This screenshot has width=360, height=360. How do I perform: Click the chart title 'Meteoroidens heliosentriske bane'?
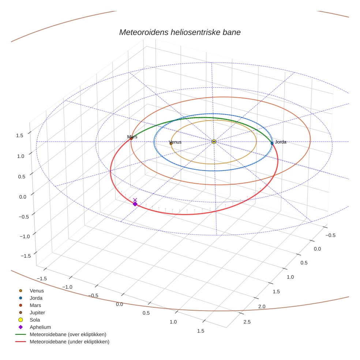pos(180,32)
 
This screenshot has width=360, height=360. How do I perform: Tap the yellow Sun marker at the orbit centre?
pos(214,142)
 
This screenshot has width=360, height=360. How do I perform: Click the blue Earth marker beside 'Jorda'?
pos(272,143)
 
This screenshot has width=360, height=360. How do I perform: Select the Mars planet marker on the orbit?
pos(131,138)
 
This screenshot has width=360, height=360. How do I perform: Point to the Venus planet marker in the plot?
pos(171,143)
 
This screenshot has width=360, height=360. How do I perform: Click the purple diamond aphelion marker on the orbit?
pos(135,204)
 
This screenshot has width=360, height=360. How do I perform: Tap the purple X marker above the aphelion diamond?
pos(135,200)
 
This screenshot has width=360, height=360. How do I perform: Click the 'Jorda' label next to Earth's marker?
pos(281,142)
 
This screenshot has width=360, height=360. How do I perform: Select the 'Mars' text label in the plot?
pos(132,136)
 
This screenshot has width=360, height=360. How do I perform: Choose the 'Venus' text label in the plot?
pos(175,142)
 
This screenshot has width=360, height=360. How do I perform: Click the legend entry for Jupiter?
pos(37,313)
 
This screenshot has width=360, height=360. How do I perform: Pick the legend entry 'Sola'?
pos(35,320)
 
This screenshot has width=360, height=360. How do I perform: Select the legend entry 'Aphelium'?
pos(40,327)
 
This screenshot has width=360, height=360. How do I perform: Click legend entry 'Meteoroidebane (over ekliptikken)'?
pos(68,334)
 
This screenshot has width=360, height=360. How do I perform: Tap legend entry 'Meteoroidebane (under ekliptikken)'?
pos(69,342)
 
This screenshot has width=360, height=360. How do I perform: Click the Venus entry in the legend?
pos(37,291)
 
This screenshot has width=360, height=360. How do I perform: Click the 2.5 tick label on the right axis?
pos(247,322)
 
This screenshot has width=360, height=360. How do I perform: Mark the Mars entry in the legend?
pos(35,305)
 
